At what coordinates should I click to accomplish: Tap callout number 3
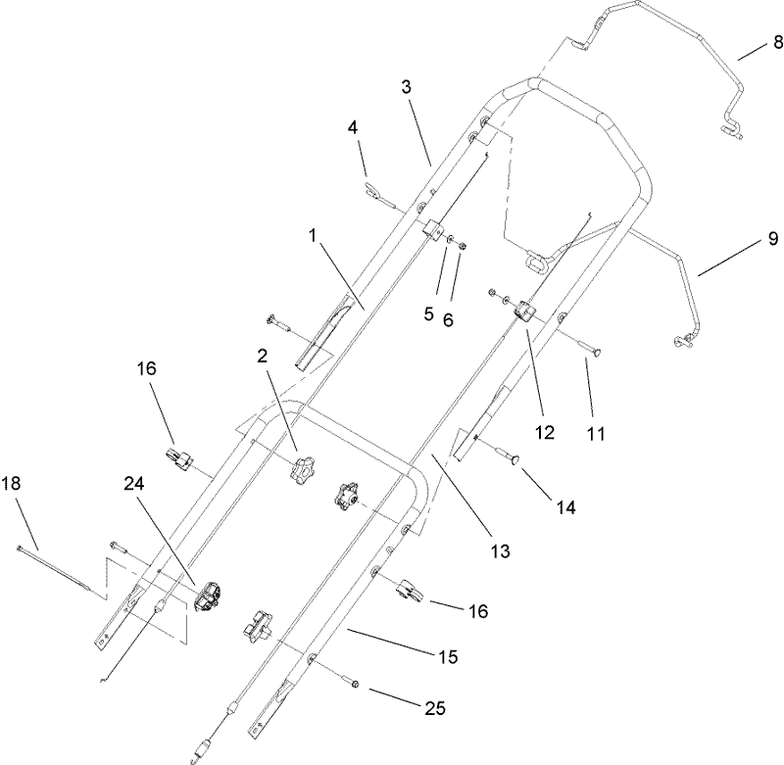click(x=406, y=86)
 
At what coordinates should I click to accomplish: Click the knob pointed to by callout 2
click(x=301, y=466)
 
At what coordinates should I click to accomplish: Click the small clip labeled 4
click(x=376, y=194)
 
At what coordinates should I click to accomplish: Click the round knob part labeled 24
click(x=209, y=598)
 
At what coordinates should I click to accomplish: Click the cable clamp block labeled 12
click(x=523, y=312)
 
